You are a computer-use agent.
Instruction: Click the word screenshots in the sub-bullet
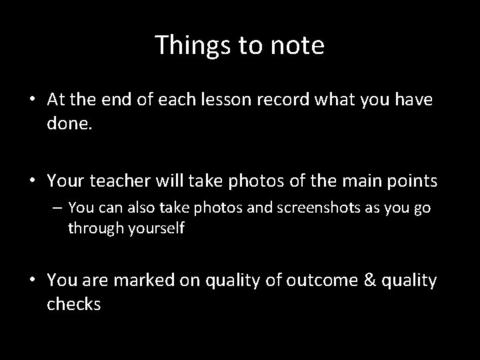pos(303,209)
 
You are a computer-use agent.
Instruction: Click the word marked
pos(147,281)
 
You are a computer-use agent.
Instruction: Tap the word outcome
pos(313,281)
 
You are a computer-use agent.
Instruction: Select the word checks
pos(74,305)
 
